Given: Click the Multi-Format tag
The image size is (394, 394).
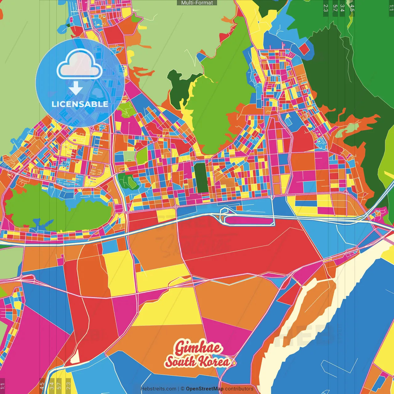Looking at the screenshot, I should click(197, 3).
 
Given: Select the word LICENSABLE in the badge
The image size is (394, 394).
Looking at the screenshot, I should click(80, 104).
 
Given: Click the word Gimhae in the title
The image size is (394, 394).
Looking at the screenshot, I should click(198, 348).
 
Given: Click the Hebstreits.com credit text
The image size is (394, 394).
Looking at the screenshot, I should click(158, 389).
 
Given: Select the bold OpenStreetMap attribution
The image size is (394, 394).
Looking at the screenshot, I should click(205, 389).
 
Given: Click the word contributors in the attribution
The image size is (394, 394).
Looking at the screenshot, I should click(239, 389).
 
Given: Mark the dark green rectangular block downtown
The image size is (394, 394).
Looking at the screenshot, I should click(200, 178).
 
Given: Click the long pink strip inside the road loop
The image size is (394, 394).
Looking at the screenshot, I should click(249, 220).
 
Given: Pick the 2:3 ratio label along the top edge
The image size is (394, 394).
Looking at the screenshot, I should click(326, 8).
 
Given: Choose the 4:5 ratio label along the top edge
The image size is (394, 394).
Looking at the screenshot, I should click(352, 8).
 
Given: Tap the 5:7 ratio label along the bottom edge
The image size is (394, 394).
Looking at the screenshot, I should click(59, 386).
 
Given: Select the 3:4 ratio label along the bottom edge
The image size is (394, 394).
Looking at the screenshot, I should click(52, 386).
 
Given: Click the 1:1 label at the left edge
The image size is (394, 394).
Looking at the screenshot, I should click(2, 386).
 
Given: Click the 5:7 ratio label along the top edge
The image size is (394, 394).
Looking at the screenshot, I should click(335, 8).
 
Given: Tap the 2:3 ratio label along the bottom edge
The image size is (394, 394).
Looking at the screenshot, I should click(68, 386).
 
